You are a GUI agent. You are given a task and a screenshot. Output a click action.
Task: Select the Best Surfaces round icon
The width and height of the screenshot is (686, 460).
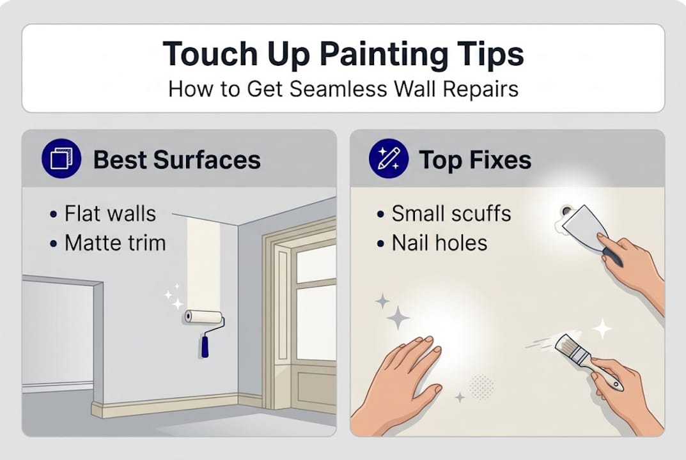[x=61, y=159]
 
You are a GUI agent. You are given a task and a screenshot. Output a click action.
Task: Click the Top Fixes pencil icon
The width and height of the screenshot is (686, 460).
[x=389, y=159]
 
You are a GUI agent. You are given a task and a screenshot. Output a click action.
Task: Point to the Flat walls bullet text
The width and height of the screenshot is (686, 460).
[x=110, y=213]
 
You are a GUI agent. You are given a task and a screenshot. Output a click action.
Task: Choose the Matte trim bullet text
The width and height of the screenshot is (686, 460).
[x=115, y=243]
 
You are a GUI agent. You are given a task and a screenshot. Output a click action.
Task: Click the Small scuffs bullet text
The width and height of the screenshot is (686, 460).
[x=451, y=213]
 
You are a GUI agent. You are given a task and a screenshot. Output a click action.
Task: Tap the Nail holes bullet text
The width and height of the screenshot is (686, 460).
[x=440, y=243]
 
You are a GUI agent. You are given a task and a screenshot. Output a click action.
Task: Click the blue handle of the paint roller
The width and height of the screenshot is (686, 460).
[x=205, y=346]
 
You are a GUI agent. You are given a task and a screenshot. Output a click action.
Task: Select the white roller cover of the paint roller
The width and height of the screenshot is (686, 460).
[x=203, y=316]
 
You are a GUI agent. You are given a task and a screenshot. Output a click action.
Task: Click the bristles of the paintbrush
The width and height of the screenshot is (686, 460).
[x=563, y=345]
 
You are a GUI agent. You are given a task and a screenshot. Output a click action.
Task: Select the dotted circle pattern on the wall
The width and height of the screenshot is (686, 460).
[x=481, y=387]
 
